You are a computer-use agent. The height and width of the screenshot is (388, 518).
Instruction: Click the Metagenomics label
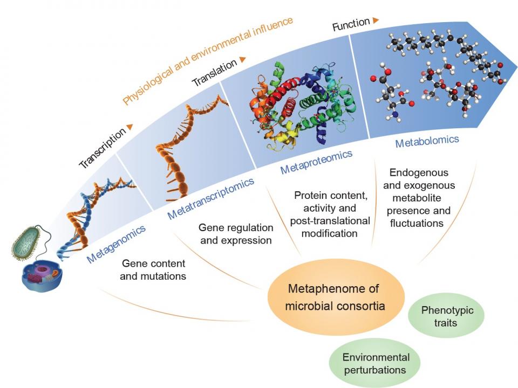click(x=117, y=244)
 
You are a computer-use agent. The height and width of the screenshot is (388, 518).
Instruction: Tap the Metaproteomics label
click(x=316, y=162)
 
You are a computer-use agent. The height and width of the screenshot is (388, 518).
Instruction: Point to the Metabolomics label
click(x=427, y=142)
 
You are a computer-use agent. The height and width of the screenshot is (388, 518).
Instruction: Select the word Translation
click(x=215, y=73)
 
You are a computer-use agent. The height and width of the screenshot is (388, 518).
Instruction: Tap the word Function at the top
click(x=351, y=24)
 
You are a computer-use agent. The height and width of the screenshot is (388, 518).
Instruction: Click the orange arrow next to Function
click(x=376, y=20)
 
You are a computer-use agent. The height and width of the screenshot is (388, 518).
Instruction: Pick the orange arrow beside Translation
click(x=243, y=59)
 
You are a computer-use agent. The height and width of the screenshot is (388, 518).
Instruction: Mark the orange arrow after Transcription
click(x=129, y=127)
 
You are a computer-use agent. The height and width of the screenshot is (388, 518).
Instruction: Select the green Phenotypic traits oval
click(x=446, y=316)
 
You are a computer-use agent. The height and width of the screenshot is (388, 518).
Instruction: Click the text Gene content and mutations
click(x=154, y=269)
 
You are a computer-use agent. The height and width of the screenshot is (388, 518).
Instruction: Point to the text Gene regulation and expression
click(x=236, y=234)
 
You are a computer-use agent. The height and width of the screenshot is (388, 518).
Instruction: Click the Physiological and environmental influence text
click(x=208, y=60)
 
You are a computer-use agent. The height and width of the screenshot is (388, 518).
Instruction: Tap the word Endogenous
click(x=418, y=173)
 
